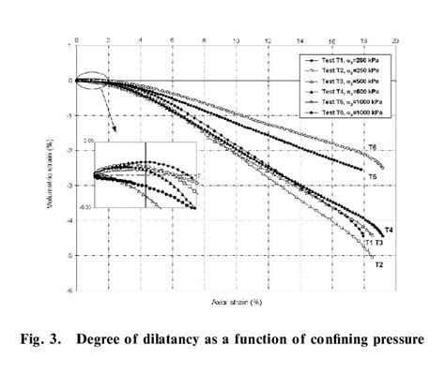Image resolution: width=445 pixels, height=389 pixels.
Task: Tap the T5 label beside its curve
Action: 372,176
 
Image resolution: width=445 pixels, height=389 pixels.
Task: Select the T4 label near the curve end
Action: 388,230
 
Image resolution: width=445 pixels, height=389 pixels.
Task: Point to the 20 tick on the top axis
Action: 396,41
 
